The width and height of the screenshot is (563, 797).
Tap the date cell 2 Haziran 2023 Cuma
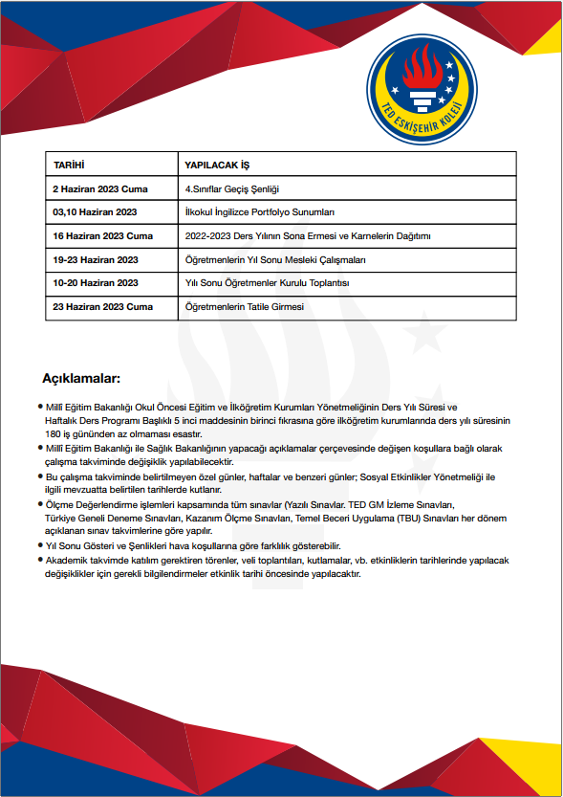click(102, 188)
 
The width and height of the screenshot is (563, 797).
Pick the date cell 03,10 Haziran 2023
click(96, 211)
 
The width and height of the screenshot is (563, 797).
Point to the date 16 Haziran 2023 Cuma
click(103, 235)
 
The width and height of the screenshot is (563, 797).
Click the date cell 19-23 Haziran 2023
click(96, 259)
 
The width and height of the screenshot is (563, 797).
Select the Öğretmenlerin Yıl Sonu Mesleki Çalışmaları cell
click(275, 259)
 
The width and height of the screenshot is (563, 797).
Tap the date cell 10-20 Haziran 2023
click(96, 283)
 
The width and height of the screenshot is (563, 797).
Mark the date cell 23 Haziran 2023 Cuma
click(103, 307)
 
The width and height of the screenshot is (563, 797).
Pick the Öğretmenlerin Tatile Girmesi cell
click(244, 307)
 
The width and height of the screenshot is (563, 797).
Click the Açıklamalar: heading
click(81, 377)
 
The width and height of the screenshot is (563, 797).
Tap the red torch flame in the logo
click(421, 69)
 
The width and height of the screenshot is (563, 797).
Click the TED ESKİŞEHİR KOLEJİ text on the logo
click(421, 120)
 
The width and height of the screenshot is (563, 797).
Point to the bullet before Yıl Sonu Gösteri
click(40, 543)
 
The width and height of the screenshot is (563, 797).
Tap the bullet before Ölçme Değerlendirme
click(40, 502)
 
